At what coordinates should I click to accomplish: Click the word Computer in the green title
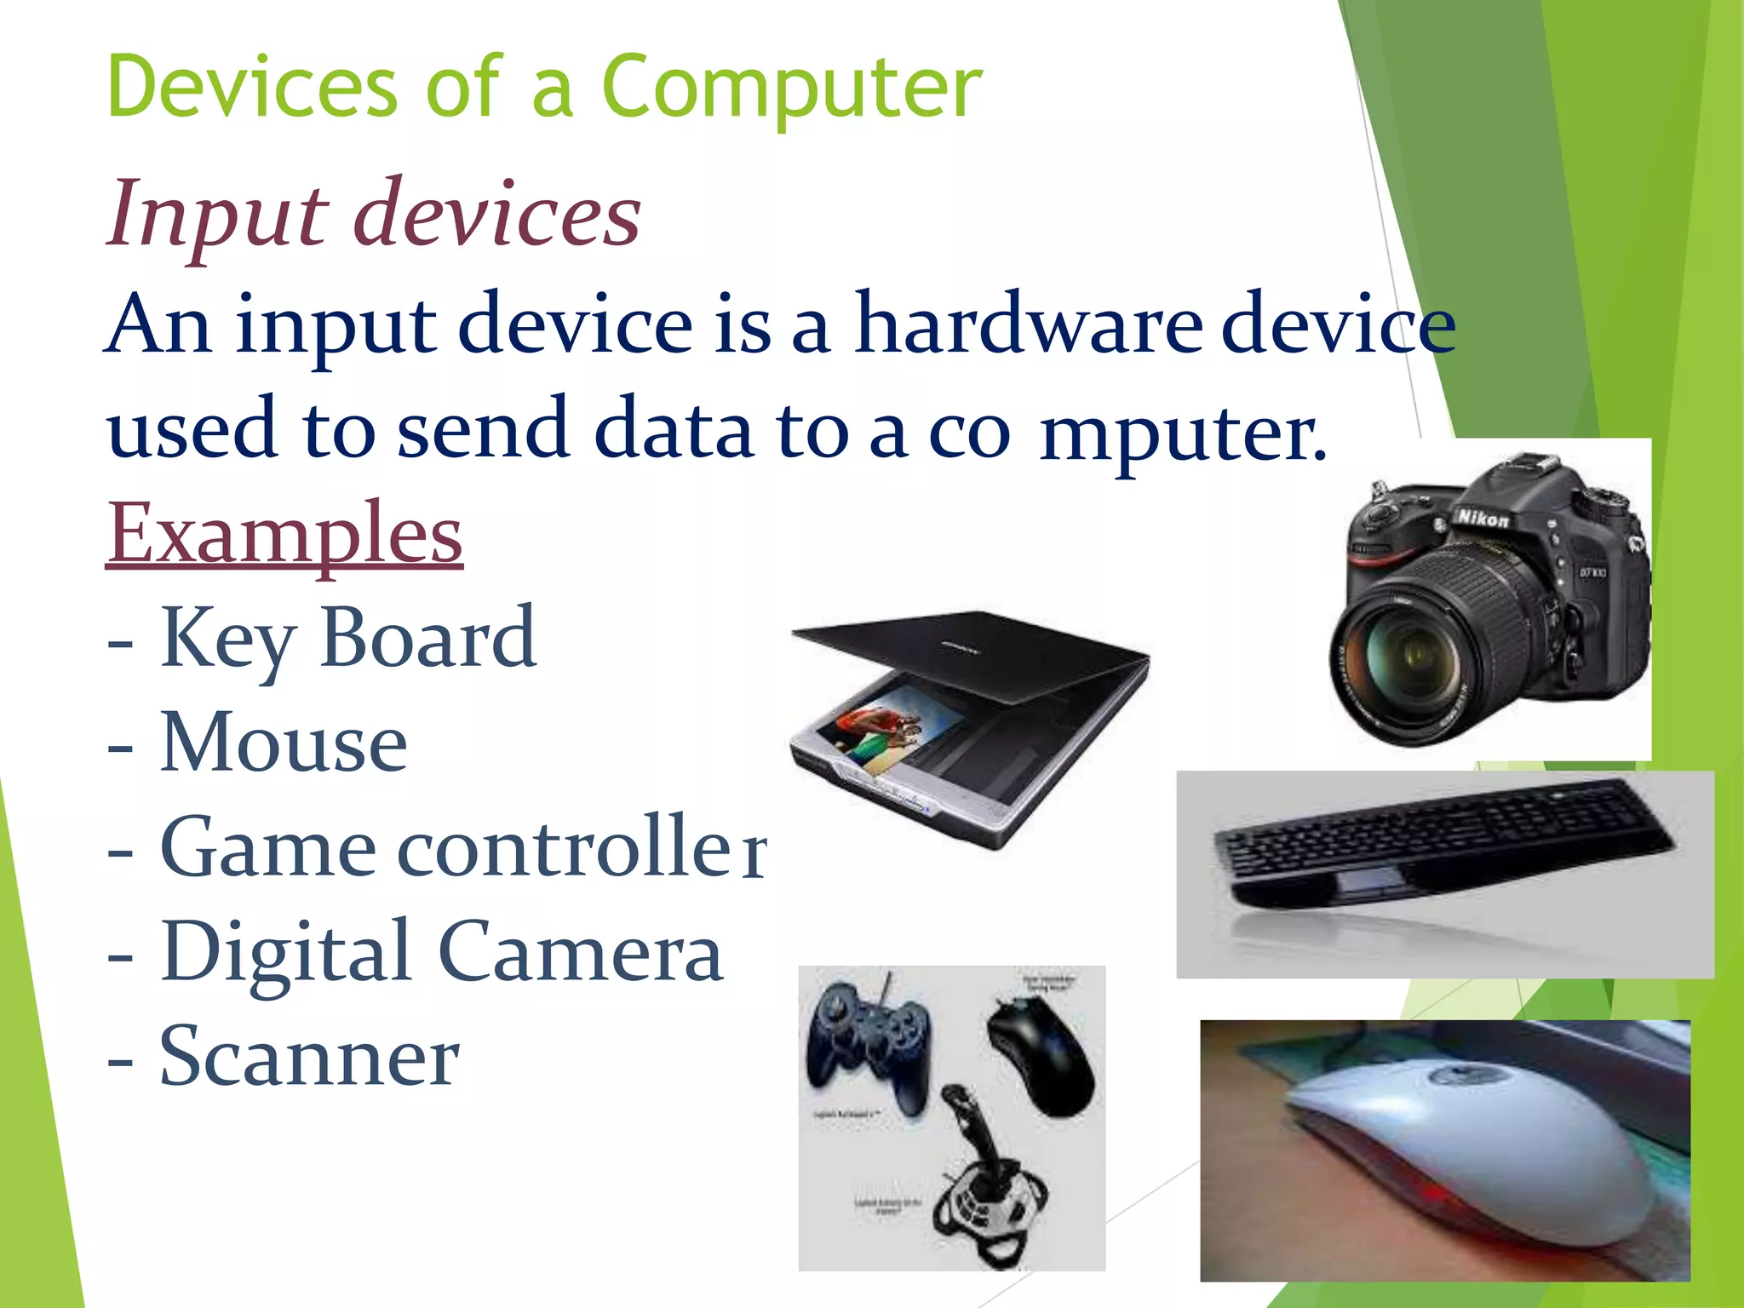792,87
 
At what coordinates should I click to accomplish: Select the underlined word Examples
284,534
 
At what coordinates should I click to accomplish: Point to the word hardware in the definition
1028,325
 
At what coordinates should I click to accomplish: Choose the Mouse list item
284,743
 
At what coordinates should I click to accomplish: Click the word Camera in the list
580,952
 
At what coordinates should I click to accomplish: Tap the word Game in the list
267,848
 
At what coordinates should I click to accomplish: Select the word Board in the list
428,638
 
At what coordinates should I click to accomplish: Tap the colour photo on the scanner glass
886,728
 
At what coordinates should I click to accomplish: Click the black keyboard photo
1443,843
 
